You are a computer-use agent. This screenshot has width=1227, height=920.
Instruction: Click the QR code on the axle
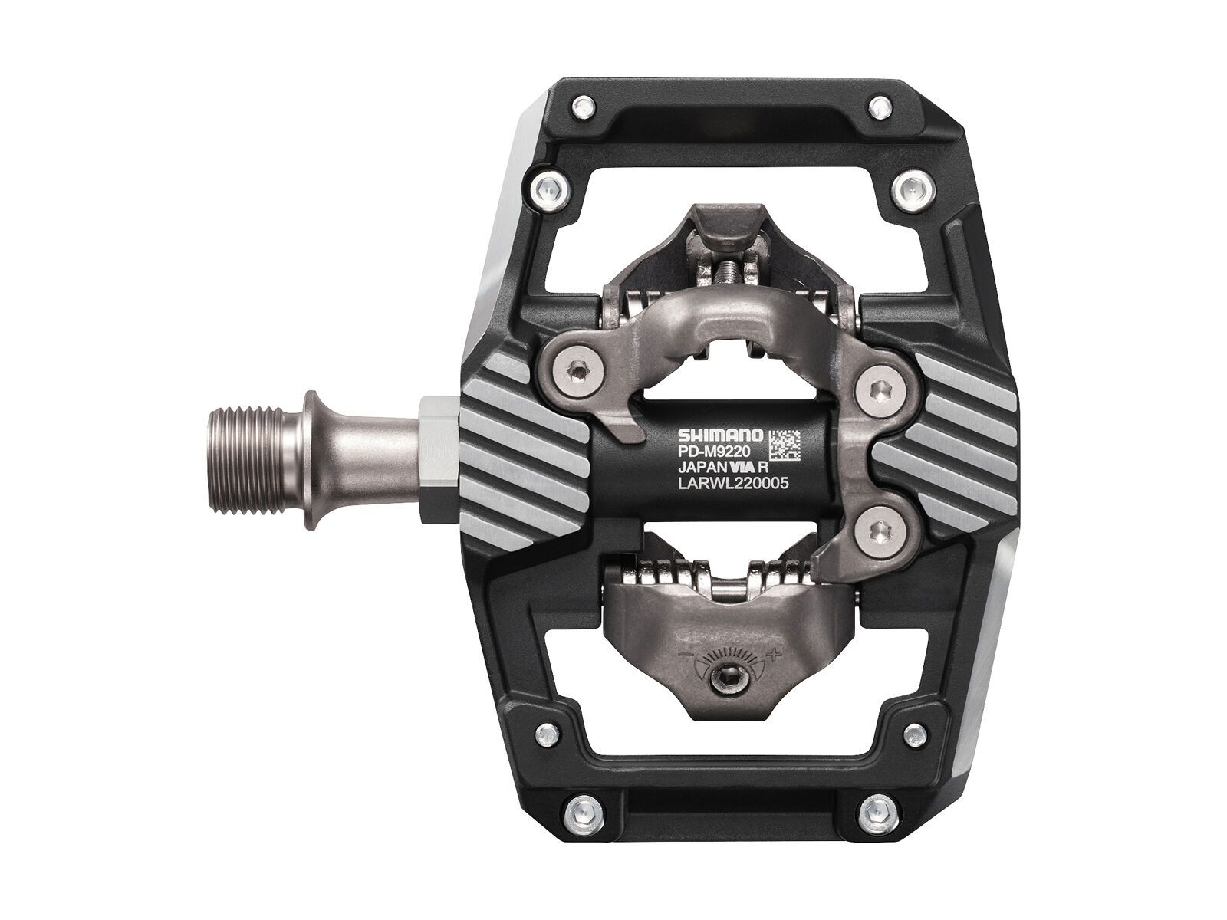coord(785,444)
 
